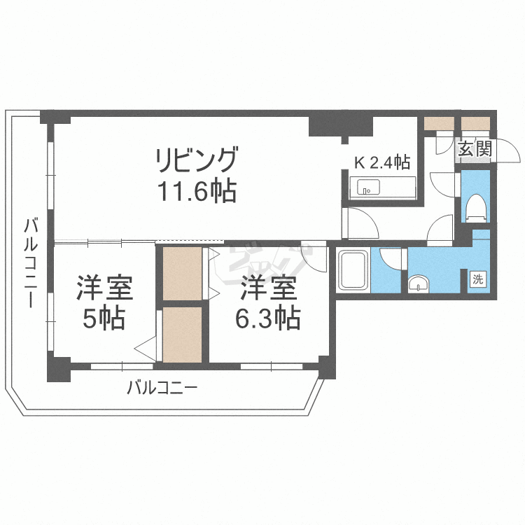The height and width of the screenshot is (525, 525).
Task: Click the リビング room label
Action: [x=197, y=160]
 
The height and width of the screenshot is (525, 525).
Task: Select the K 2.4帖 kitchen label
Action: [x=381, y=163]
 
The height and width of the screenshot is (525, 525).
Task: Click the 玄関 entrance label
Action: [x=475, y=148]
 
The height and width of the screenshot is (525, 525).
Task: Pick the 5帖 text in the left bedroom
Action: [x=104, y=319]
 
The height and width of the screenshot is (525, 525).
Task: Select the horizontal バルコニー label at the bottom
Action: [x=162, y=387]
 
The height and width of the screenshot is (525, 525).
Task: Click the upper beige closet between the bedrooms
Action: [x=181, y=273]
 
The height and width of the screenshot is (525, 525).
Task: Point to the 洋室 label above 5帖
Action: [x=104, y=288]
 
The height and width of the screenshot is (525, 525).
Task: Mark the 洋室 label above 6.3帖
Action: [x=269, y=288]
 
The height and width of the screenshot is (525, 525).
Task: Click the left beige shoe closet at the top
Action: [x=440, y=124]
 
